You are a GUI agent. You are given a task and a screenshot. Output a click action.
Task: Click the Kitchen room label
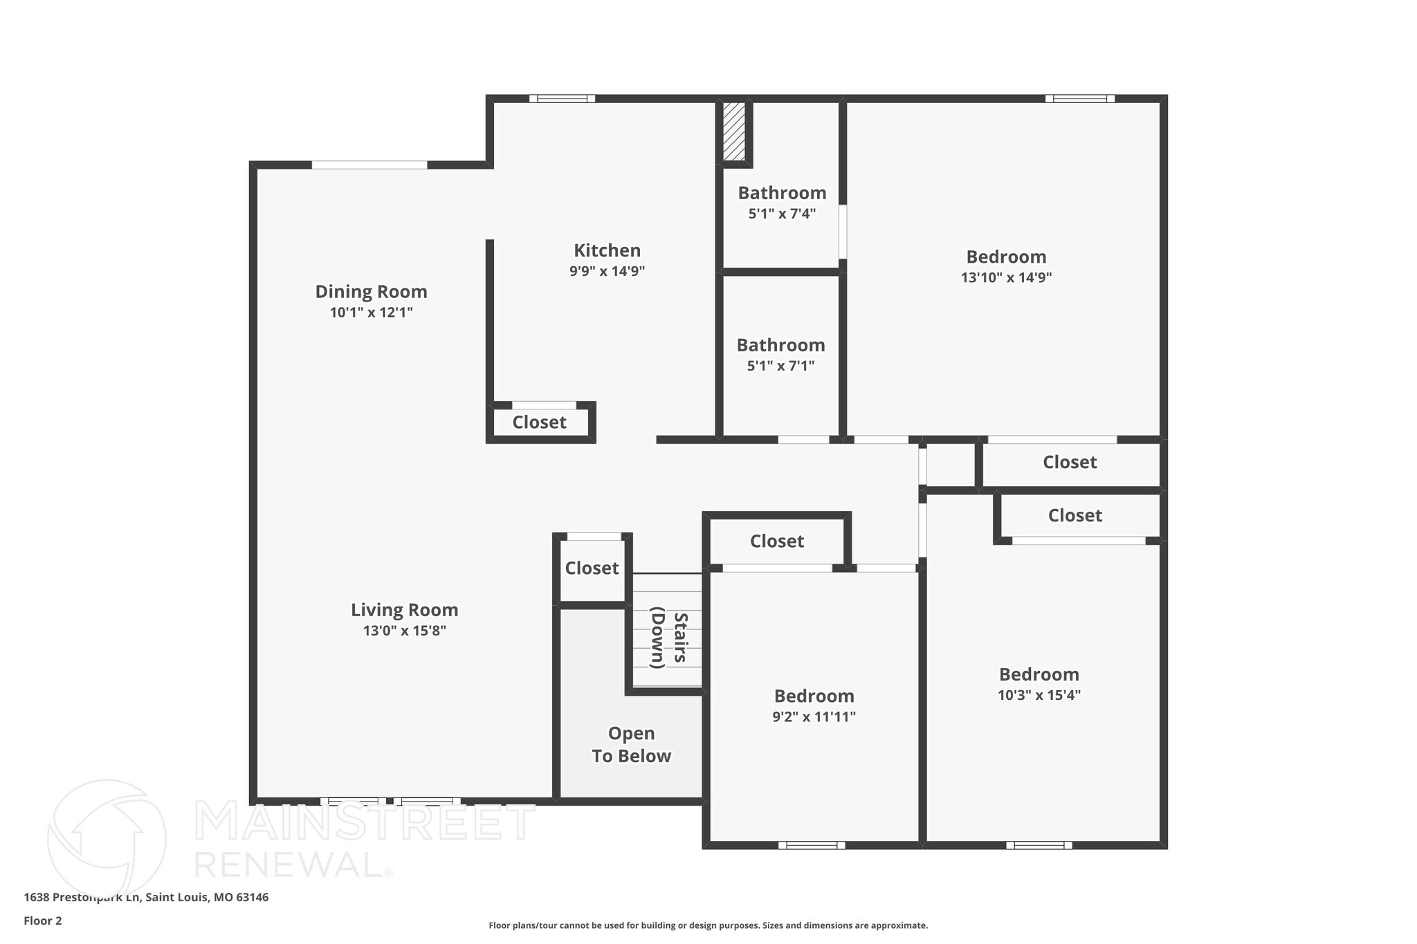coord(607,250)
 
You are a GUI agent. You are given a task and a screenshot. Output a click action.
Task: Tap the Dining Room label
coord(371,292)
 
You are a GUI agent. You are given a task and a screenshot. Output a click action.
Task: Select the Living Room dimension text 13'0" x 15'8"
coord(404,631)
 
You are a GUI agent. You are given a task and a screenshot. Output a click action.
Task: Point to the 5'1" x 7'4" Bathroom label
coord(782,193)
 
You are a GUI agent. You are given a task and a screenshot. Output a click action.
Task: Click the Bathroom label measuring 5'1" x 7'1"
coord(780,345)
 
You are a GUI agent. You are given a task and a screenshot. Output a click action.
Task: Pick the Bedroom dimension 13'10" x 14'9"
coord(1006,278)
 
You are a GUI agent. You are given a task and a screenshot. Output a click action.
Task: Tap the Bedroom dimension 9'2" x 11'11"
coord(814,717)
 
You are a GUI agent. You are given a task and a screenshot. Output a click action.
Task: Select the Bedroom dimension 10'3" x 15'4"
coord(1039,695)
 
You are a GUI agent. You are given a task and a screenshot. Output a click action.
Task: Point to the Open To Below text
coord(631,745)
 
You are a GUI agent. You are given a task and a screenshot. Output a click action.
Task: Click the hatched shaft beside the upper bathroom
coord(733,131)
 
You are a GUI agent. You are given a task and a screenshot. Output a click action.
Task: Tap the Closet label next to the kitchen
coord(539,423)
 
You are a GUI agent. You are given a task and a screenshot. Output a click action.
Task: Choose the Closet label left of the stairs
coord(592,568)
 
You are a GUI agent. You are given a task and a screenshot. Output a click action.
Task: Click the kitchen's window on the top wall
coord(562,99)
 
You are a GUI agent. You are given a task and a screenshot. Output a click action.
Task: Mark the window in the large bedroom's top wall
coord(1079,99)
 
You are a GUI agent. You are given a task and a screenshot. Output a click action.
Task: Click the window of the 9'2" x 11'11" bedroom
coord(812,845)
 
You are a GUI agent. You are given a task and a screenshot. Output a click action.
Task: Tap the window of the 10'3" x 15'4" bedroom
coord(1039,845)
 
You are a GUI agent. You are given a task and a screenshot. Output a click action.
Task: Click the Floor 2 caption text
coord(43,920)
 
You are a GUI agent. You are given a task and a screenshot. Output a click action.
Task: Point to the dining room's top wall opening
coord(369,165)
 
